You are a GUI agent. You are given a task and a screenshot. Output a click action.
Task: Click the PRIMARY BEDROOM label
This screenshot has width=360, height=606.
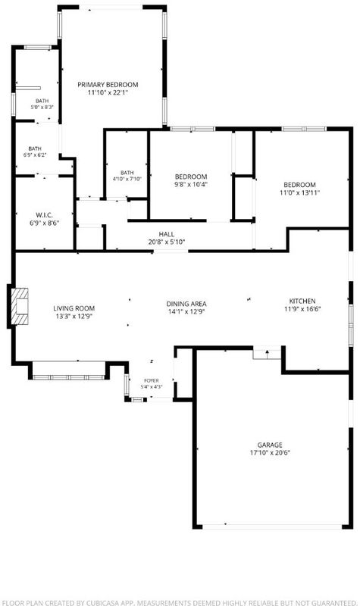[x=108, y=85]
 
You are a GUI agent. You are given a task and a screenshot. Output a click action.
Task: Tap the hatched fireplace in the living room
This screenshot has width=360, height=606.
[x=20, y=307]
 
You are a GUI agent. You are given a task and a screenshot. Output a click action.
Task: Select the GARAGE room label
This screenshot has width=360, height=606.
[x=270, y=445]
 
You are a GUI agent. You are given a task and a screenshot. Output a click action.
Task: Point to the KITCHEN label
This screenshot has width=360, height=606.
[x=302, y=301]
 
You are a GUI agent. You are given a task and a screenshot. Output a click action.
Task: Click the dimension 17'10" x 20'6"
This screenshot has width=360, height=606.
[x=270, y=453]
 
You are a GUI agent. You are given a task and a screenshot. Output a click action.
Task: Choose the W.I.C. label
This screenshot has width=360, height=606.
[x=45, y=215]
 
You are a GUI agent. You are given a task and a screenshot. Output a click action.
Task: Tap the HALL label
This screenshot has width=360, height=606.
[x=166, y=234]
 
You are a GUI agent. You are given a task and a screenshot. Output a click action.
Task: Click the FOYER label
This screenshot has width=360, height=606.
[x=152, y=381]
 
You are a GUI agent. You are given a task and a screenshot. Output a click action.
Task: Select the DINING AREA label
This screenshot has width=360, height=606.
[x=186, y=304]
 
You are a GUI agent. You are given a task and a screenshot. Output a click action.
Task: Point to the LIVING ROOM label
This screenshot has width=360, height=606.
[x=74, y=308]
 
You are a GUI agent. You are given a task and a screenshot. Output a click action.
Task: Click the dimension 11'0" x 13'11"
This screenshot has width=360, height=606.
[x=299, y=192]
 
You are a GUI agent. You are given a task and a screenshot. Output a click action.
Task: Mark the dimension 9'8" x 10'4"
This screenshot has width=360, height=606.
[x=191, y=184]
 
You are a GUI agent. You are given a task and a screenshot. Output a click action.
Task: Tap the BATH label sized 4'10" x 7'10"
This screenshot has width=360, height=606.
[x=127, y=173]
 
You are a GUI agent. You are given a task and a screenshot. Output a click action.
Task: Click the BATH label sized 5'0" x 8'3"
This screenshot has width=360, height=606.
[x=42, y=101]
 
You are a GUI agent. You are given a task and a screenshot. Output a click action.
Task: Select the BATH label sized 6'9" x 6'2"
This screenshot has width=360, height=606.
[x=35, y=148]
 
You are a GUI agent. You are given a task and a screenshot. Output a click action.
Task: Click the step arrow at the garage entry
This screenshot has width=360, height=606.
[x=267, y=352]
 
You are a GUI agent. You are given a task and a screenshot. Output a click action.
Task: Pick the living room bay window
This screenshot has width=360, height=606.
[x=68, y=376]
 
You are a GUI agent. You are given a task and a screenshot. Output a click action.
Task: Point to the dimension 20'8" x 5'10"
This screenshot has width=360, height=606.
[x=166, y=242]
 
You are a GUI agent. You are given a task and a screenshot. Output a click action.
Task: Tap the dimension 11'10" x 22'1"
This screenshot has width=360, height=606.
[x=108, y=92]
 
